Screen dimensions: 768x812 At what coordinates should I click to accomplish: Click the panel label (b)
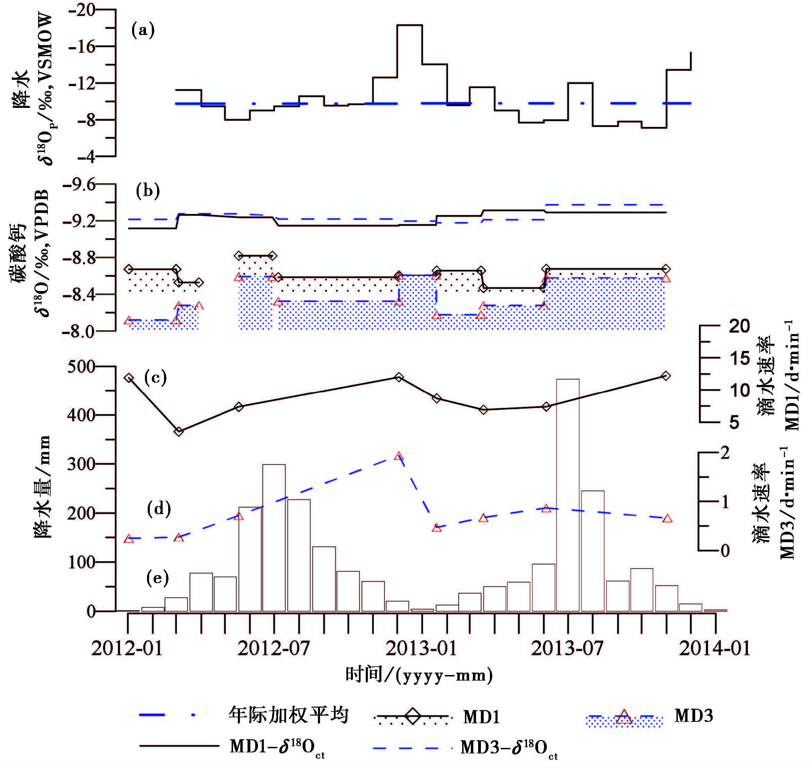148,191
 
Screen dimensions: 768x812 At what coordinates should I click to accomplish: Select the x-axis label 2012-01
127,649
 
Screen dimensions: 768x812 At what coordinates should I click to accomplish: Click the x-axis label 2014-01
715,649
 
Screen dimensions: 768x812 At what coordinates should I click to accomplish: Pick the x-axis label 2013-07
567,649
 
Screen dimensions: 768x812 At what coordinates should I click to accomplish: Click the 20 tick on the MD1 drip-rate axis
739,326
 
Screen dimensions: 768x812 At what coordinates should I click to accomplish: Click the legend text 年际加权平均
288,715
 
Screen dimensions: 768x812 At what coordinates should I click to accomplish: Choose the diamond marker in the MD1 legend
413,716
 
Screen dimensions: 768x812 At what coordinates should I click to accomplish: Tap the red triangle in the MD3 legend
623,716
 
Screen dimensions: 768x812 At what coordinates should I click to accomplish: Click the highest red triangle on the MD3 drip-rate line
399,456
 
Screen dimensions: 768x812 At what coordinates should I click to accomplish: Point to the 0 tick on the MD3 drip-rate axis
725,551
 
